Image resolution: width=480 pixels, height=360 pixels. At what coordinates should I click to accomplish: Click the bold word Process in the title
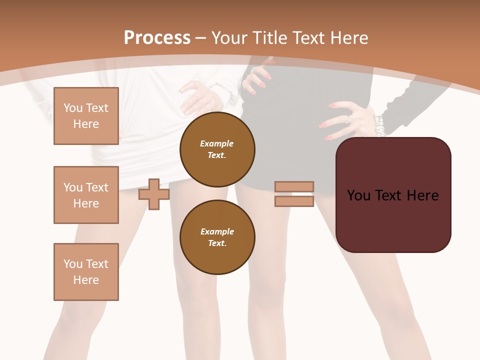pos(157,38)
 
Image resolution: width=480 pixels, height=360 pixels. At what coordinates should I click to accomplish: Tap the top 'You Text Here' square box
pos(86,116)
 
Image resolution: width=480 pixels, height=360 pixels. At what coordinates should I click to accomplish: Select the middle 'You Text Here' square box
pos(86,195)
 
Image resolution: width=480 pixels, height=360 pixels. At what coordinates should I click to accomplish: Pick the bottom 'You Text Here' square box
pos(86,272)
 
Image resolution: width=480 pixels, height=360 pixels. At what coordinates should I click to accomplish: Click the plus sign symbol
pos(154,194)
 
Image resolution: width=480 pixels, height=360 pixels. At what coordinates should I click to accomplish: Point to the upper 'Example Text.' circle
pos(217,149)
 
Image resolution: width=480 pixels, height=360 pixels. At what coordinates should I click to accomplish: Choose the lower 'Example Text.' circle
pos(217,237)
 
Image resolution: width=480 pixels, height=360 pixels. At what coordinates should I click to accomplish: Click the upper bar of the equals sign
pos(294,186)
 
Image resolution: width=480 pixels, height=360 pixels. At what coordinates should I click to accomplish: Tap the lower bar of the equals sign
pos(294,201)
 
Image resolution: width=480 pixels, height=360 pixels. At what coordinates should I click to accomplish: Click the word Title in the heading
pos(272,38)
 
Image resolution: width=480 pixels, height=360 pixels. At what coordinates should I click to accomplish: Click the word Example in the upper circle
pos(216,144)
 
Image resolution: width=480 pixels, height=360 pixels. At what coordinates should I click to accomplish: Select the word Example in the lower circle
pos(217,232)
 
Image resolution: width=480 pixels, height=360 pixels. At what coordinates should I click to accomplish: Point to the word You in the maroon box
pos(359,195)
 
